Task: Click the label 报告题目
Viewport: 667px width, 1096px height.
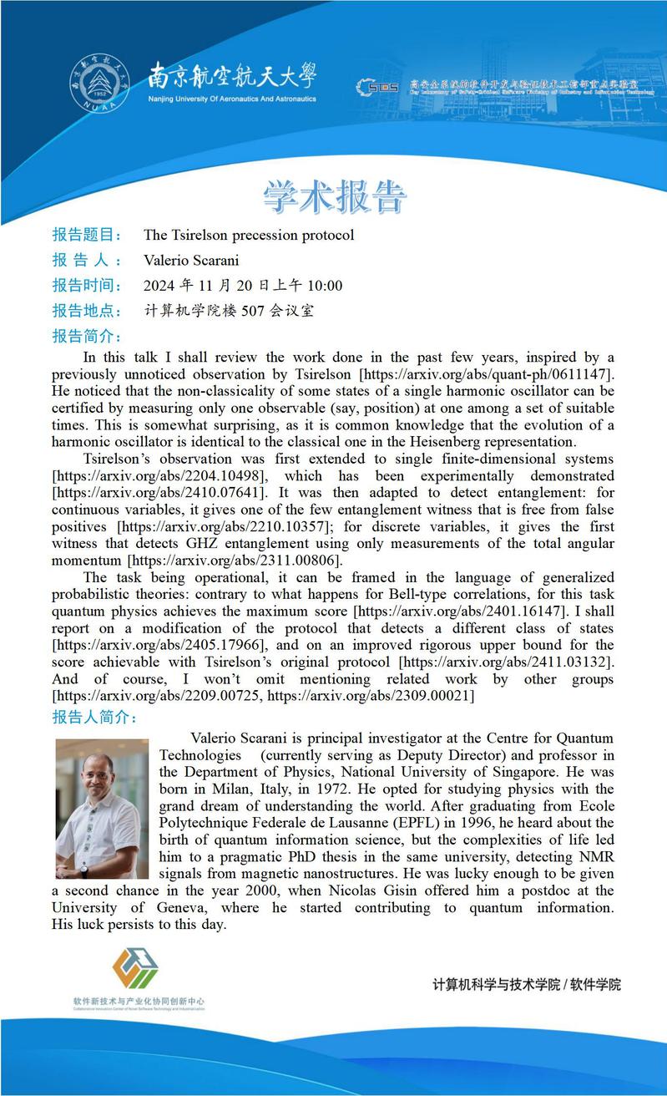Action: pos(87,235)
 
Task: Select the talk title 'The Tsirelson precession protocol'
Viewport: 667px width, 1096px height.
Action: pos(249,236)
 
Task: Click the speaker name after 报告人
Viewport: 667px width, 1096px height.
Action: pos(191,261)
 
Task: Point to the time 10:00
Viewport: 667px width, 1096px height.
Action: pos(325,286)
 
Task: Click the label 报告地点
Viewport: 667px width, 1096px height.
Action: pos(87,311)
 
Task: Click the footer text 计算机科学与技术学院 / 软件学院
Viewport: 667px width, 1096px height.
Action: pos(527,984)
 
